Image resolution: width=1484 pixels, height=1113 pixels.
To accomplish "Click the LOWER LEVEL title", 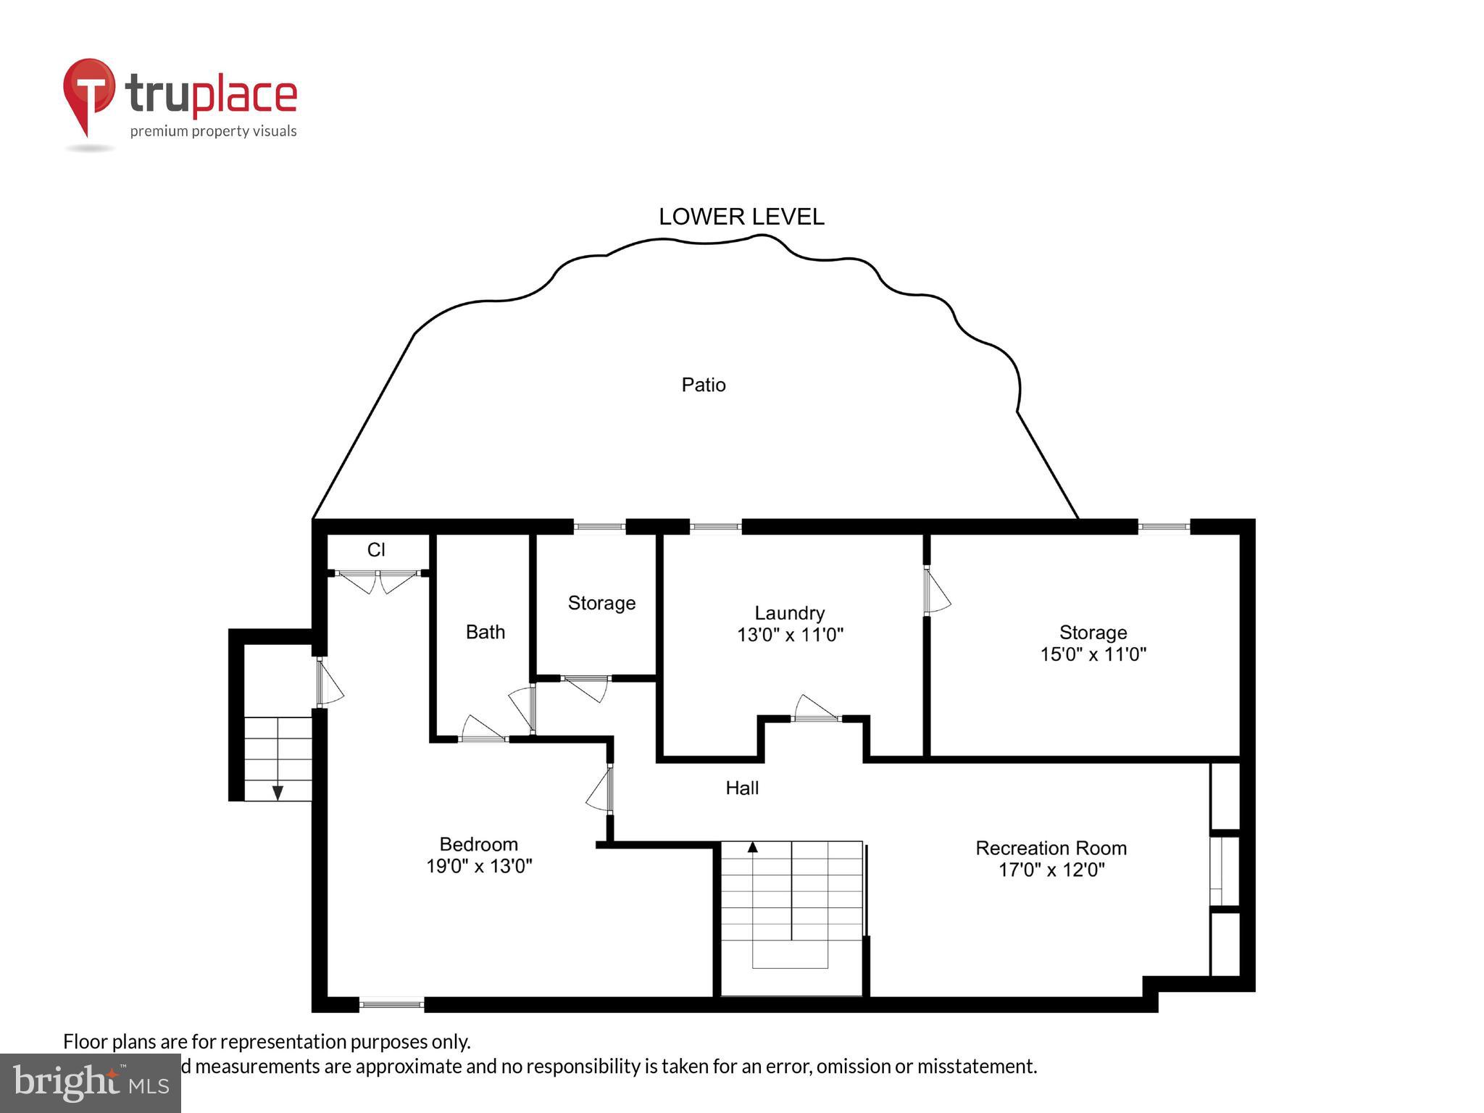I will (741, 217).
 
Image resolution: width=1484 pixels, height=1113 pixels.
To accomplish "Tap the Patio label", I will (703, 385).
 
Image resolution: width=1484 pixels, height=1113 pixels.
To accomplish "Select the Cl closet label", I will (375, 550).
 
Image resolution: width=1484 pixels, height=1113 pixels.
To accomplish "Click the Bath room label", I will (485, 632).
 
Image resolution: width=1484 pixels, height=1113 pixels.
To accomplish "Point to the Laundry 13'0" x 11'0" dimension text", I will (790, 635).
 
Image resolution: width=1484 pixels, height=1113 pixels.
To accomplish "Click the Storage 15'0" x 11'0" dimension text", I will (1093, 654).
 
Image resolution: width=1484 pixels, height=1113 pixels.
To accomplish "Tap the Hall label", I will (742, 788).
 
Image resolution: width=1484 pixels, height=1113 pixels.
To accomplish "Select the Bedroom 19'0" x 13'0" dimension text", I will (479, 866).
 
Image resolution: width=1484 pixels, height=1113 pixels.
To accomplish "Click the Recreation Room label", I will (1051, 848).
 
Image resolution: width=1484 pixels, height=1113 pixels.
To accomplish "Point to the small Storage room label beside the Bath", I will (601, 603).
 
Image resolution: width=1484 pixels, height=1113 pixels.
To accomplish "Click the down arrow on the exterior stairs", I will (278, 793).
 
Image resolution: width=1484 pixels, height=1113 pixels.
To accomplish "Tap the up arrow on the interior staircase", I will (752, 846).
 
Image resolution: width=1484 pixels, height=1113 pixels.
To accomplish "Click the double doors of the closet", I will (378, 579).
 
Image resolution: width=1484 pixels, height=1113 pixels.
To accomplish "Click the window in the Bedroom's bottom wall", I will (391, 1004).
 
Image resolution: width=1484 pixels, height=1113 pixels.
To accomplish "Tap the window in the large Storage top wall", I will (1163, 527).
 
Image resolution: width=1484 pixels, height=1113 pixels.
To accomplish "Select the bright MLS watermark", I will (90, 1083).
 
